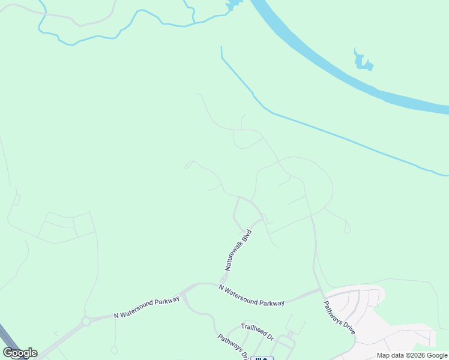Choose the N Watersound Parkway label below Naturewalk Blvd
pos(252,295)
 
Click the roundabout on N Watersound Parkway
pos(86,321)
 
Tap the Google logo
pos(20,353)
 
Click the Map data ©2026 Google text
pos(412,355)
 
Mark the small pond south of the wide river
pos(363,61)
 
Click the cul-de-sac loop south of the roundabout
pos(113,349)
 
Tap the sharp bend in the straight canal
pos(223,58)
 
